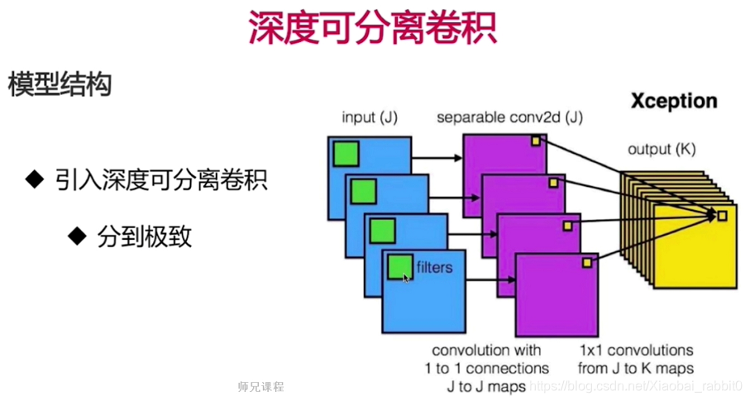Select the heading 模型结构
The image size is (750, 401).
pyautogui.click(x=60, y=85)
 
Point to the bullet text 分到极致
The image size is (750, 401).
pyautogui.click(x=145, y=237)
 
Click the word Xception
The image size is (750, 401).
pyautogui.click(x=674, y=102)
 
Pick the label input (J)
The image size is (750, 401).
pyautogui.click(x=370, y=118)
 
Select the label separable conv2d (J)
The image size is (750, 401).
pyautogui.click(x=510, y=118)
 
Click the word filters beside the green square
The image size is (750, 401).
pyautogui.click(x=434, y=267)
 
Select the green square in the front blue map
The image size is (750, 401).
pyautogui.click(x=401, y=265)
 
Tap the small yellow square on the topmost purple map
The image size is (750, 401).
pyautogui.click(x=536, y=141)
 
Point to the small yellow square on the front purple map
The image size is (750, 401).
pyautogui.click(x=587, y=262)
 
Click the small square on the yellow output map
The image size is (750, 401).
pyautogui.click(x=722, y=216)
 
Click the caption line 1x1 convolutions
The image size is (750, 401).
pyautogui.click(x=637, y=350)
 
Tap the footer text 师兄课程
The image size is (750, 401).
pyautogui.click(x=260, y=386)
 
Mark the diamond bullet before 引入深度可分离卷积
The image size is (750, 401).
pyautogui.click(x=34, y=179)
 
